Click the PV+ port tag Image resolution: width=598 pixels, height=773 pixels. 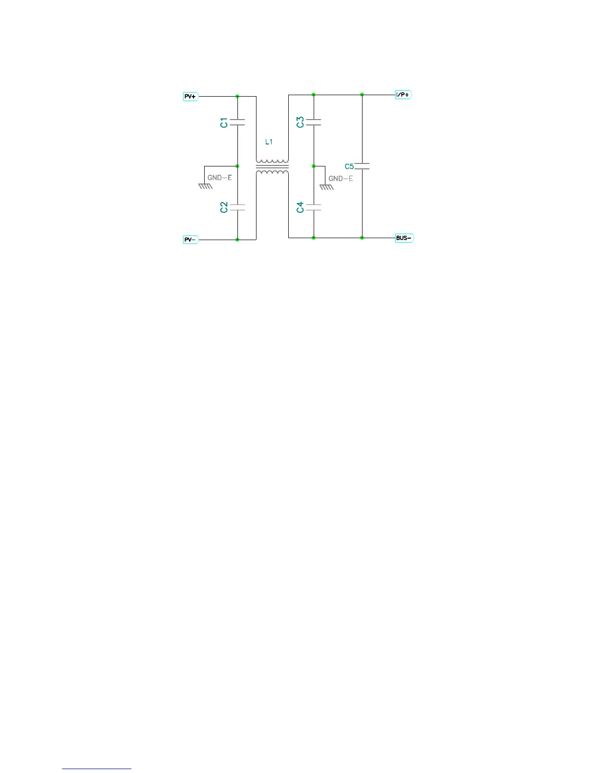[x=190, y=97]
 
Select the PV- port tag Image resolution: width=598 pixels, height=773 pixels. [x=190, y=240]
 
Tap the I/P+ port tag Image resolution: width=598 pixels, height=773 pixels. [x=403, y=95]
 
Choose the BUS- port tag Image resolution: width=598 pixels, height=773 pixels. [x=404, y=238]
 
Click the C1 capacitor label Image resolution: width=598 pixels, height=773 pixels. [x=224, y=122]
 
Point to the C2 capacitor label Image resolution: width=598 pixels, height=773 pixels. [x=224, y=207]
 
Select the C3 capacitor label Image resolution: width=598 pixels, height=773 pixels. [x=300, y=122]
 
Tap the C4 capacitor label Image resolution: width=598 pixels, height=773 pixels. [x=300, y=207]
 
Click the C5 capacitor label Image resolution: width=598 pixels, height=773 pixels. [x=349, y=166]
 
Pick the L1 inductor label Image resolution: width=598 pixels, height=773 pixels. [x=269, y=142]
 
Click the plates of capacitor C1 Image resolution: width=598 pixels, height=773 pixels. [x=237, y=122]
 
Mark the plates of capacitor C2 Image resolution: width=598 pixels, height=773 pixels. [x=237, y=207]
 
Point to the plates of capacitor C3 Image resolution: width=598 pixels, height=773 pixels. [x=314, y=122]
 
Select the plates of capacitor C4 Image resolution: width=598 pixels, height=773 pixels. [x=314, y=207]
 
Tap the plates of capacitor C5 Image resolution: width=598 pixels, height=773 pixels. [x=362, y=166]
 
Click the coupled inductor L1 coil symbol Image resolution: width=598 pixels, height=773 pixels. [x=272, y=166]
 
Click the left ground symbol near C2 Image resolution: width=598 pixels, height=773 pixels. [x=205, y=185]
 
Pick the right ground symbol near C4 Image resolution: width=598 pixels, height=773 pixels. [x=326, y=186]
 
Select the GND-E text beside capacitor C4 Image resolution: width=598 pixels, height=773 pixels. [x=341, y=179]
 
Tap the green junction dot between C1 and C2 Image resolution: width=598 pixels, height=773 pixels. [x=237, y=166]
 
